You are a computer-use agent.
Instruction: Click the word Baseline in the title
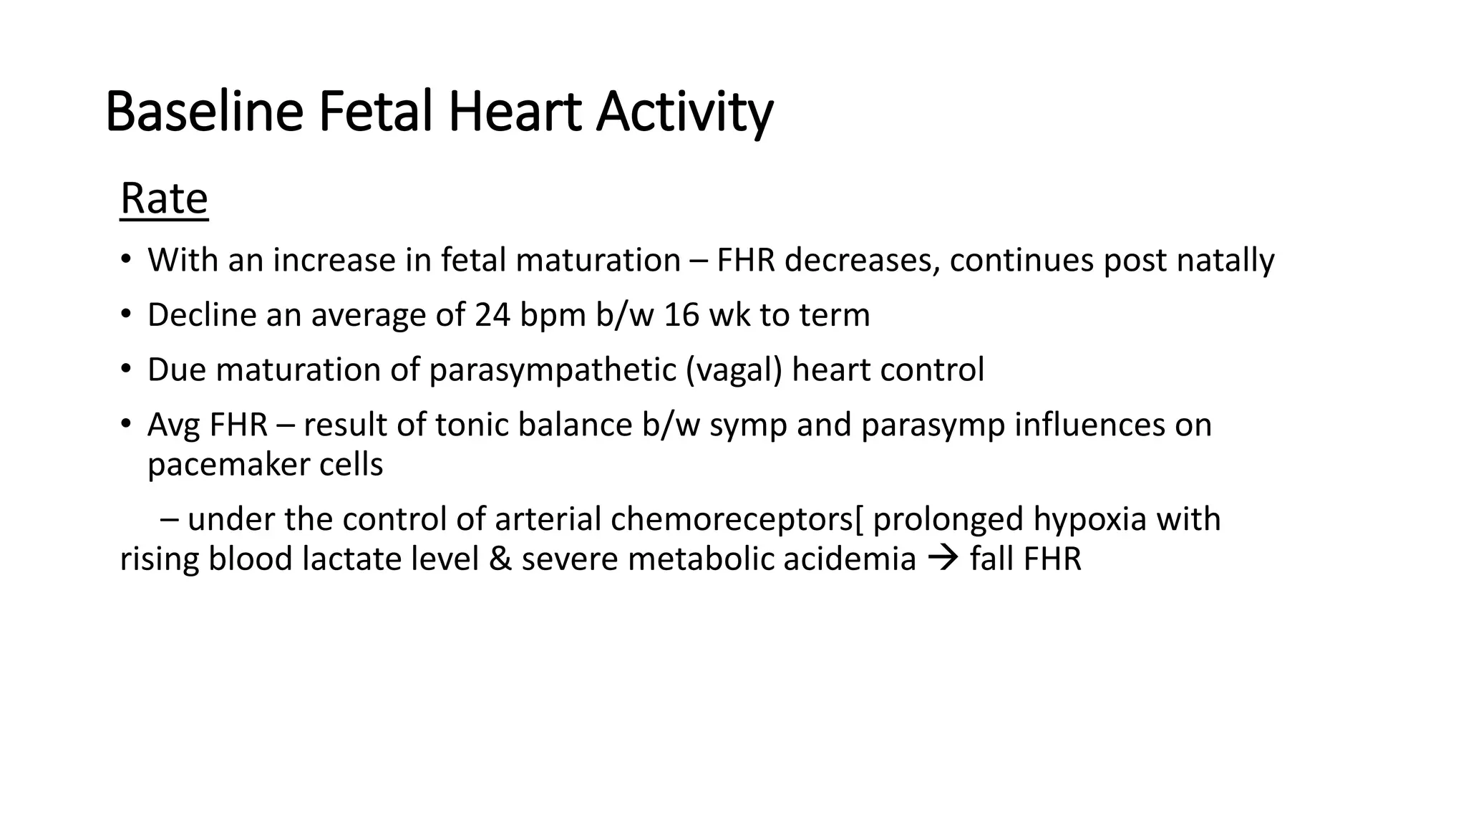(204, 112)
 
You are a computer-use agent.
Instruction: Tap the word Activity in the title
(684, 112)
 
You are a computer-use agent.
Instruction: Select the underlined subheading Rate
(164, 198)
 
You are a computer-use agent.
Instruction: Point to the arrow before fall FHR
(943, 559)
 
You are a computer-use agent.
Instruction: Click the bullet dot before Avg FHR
(126, 424)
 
